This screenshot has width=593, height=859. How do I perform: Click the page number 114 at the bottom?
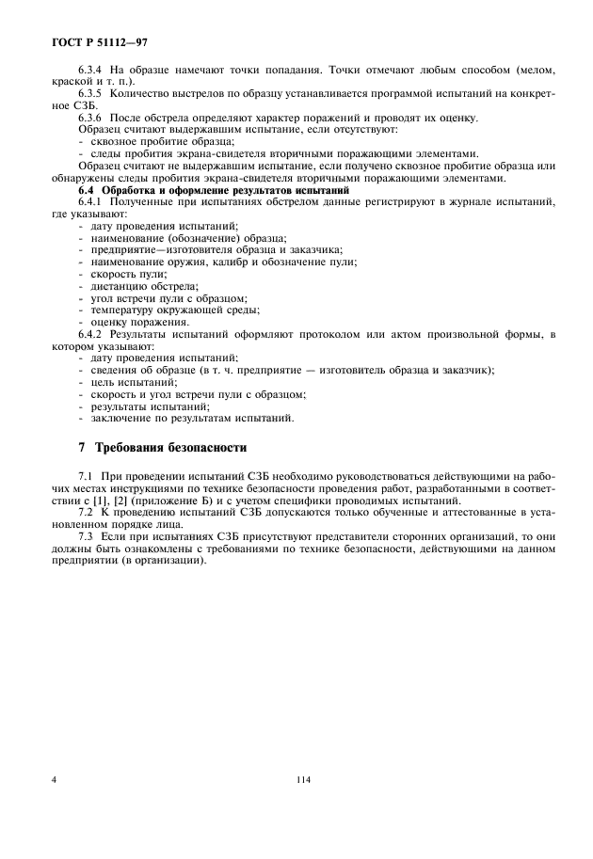pyautogui.click(x=302, y=778)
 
